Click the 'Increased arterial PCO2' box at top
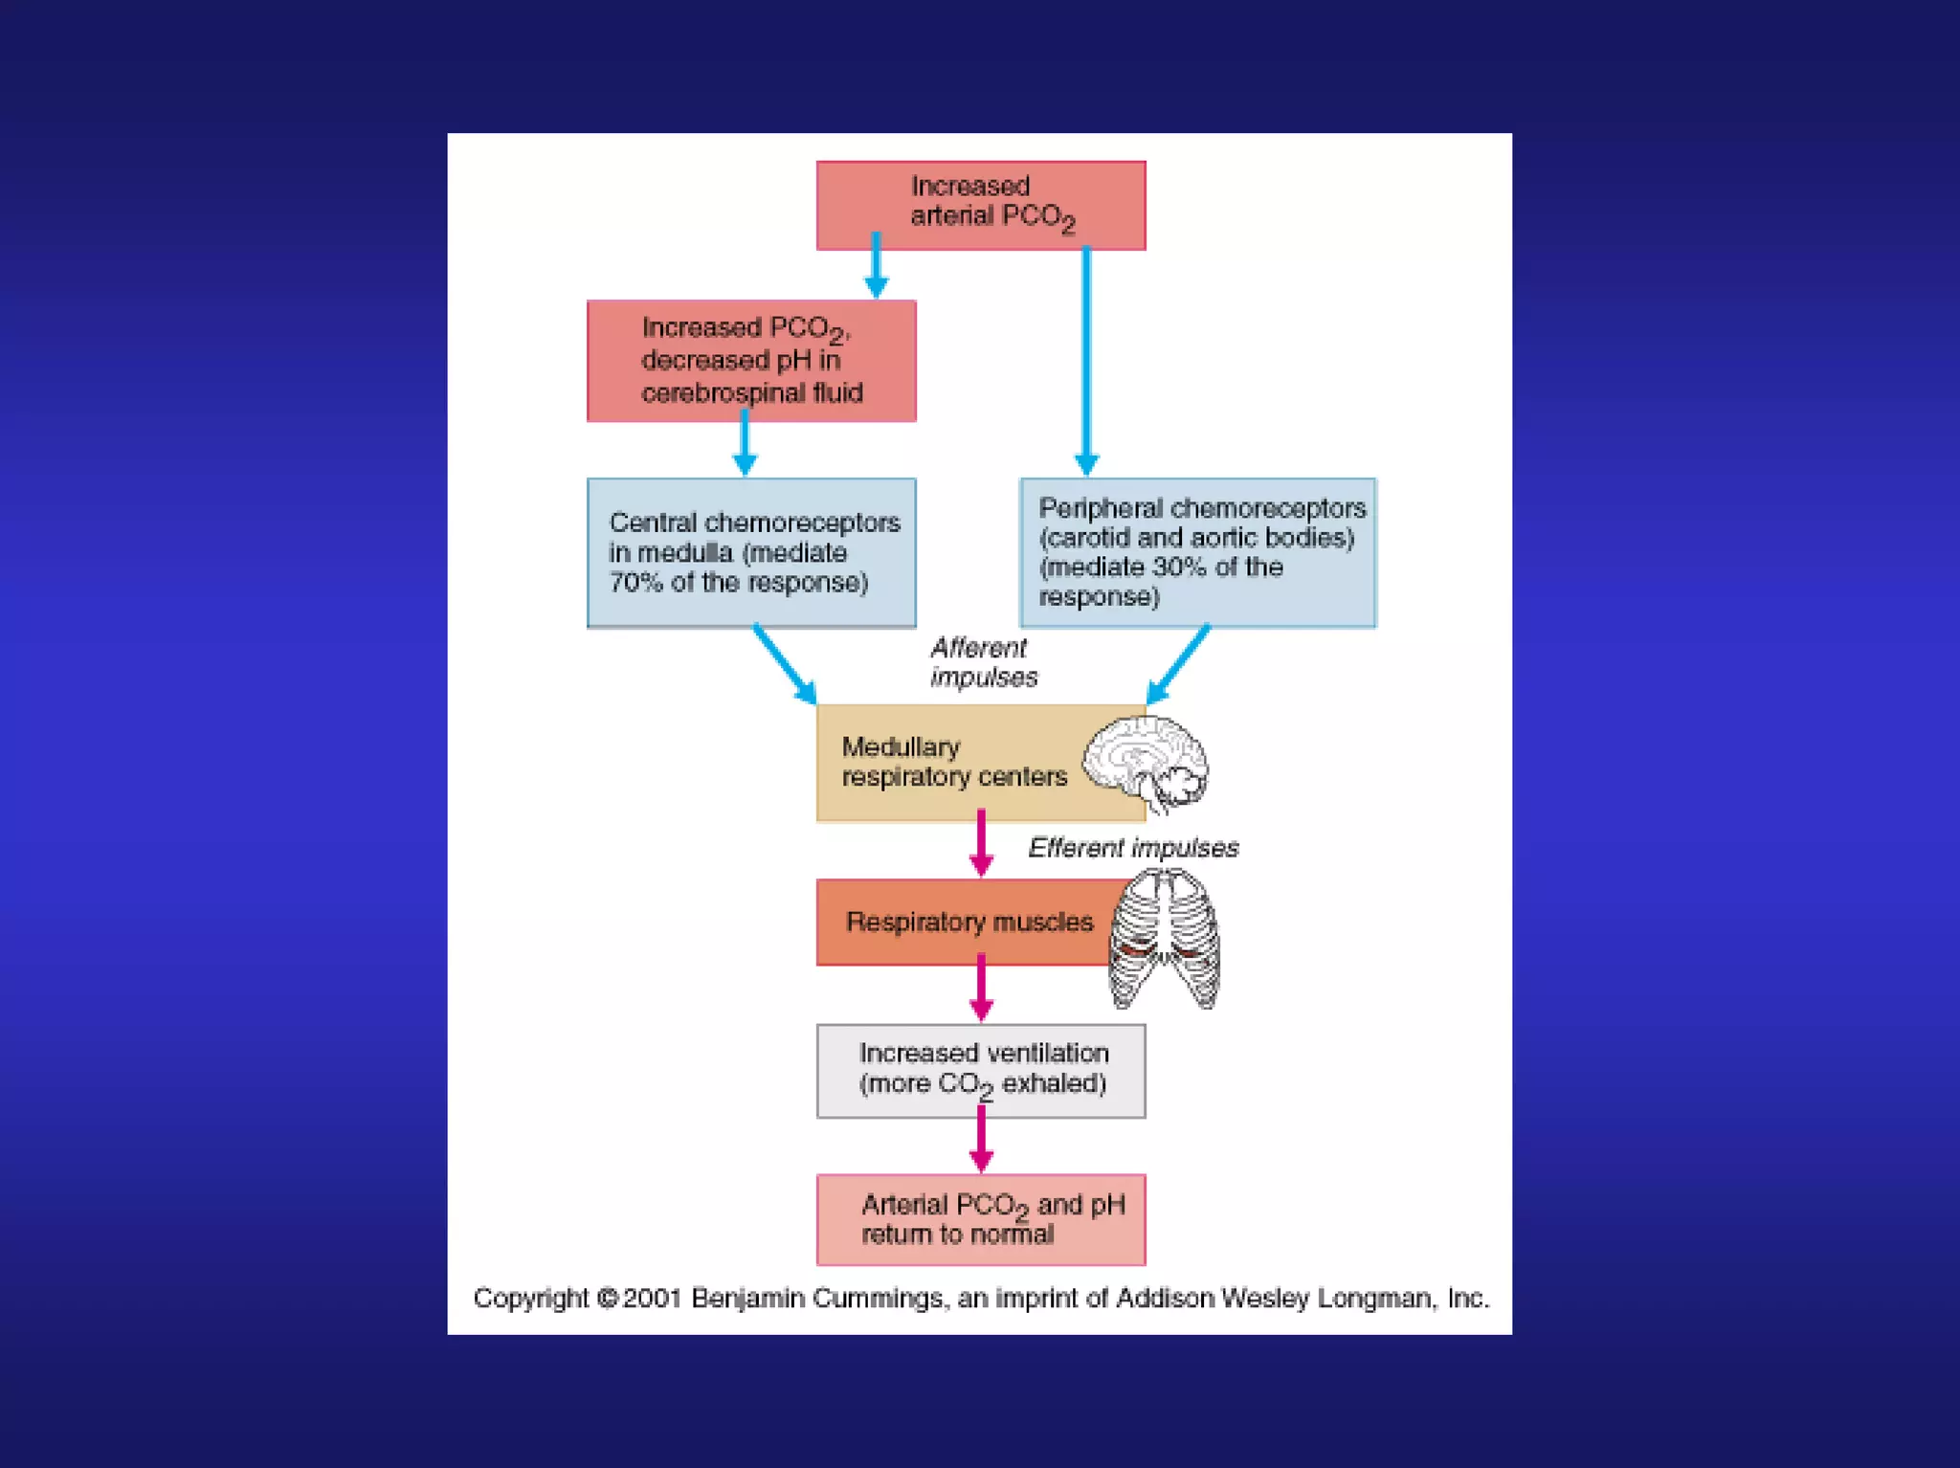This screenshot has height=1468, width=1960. [980, 205]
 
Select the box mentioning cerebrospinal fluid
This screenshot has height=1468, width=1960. [751, 361]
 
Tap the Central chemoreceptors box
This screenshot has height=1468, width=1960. [751, 552]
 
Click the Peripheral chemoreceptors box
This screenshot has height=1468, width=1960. [1197, 552]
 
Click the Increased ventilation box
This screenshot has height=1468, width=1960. [981, 1070]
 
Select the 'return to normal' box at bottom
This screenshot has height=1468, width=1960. [981, 1219]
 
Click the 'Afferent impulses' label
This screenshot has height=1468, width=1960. [982, 662]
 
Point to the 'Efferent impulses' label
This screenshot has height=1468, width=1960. [1133, 848]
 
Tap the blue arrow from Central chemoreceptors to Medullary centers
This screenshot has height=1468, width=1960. [784, 664]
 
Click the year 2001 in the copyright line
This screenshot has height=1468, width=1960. [652, 1299]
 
